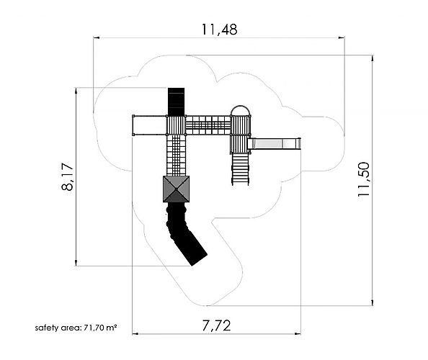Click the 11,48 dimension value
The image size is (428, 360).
(x=220, y=30)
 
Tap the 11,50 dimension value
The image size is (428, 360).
(x=364, y=179)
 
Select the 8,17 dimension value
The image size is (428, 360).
(x=68, y=176)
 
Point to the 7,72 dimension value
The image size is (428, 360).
(x=216, y=325)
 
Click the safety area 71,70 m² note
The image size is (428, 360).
(x=76, y=328)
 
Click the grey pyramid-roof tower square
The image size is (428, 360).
(x=176, y=189)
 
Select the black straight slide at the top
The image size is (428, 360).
(x=176, y=102)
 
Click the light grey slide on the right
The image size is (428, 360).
(x=275, y=143)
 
